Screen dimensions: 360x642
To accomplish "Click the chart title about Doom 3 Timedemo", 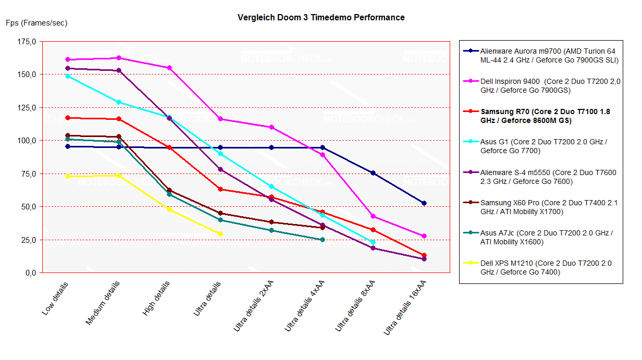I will pos(321,17).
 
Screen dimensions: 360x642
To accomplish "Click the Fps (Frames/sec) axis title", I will pos(36,23).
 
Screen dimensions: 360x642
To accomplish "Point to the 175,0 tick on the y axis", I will pos(26,42).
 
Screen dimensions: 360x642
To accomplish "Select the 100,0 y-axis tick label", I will pos(26,141).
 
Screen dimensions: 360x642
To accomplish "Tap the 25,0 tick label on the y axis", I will pos(28,240).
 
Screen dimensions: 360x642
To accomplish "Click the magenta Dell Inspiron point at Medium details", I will pos(119,58).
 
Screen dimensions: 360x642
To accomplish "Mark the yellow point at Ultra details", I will pos(220,234).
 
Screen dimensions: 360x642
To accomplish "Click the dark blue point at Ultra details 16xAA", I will pos(424,203).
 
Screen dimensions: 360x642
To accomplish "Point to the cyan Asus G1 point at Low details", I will pos(68,76).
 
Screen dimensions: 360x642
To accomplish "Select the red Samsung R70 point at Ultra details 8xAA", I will pos(373,230).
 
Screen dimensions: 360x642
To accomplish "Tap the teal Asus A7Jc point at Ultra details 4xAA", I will pos(323,240).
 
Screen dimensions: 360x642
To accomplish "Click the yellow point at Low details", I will pos(68,176).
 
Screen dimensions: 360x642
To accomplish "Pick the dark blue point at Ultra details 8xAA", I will pos(373,173).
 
